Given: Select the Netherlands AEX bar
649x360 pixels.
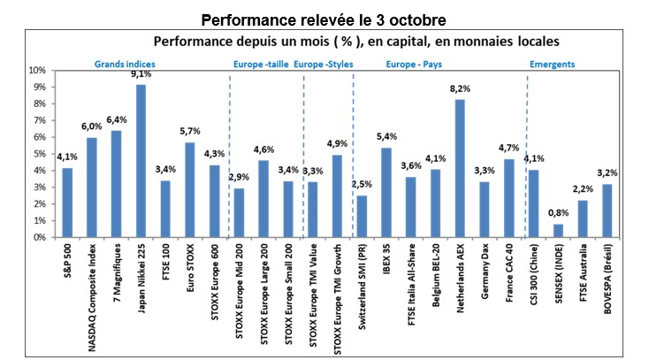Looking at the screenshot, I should (460, 168).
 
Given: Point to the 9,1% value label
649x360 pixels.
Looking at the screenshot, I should (141, 75).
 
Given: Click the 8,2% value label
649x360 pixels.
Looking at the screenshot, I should (460, 89).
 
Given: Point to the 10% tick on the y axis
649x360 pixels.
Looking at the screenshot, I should (37, 70).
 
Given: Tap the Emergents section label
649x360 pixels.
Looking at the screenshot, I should (552, 64).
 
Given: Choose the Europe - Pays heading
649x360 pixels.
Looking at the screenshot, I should (412, 64).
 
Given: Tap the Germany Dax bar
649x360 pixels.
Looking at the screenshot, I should (485, 210).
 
